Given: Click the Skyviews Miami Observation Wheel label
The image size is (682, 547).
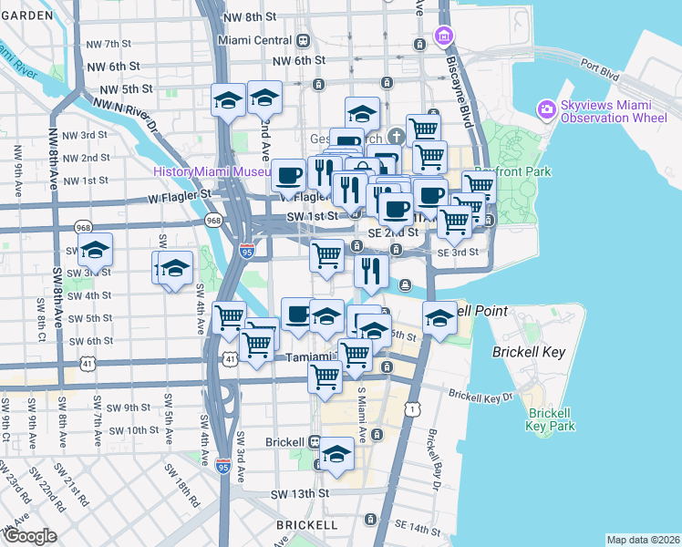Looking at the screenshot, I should pos(615,111).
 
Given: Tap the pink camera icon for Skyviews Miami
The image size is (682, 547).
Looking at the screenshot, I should pos(547,110).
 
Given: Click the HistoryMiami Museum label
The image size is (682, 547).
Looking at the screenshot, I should pos(212,171).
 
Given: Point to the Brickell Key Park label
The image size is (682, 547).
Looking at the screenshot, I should pos(551,418).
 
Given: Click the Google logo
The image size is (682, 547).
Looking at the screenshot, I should pos(30,536).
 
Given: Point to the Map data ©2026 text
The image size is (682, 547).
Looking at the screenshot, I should pos(643,540).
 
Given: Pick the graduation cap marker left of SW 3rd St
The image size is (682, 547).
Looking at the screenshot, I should pos(96,249).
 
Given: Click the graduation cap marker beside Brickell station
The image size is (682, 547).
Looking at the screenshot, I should pos(337,455).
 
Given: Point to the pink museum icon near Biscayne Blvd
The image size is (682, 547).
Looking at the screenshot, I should pos(444,36).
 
